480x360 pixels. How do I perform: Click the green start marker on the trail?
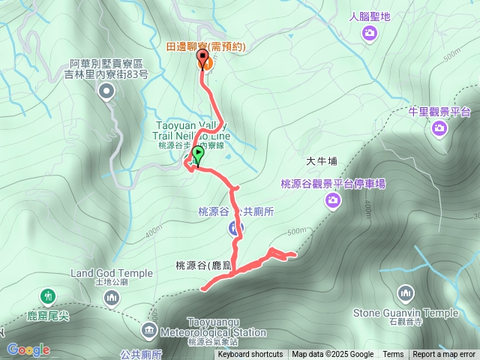198,154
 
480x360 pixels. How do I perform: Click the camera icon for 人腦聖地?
369,32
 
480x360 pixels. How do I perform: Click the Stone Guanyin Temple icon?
406,292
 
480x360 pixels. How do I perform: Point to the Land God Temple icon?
112,298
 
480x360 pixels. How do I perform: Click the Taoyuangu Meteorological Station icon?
149,330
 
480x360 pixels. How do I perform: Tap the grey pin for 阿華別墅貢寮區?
106,91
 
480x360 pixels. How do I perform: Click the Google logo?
28,349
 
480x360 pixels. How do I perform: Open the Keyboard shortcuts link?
250,355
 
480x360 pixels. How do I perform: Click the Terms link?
393,355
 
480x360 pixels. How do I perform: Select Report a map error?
444,355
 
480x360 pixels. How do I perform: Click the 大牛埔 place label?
322,160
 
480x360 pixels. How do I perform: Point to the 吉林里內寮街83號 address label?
106,75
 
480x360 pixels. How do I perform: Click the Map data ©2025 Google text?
332,355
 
